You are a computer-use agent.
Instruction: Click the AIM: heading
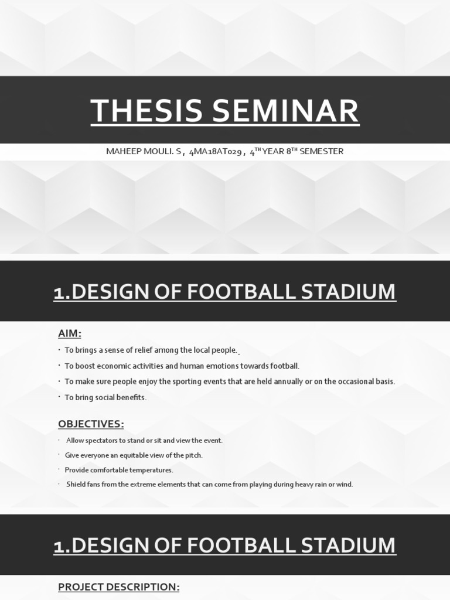(x=69, y=333)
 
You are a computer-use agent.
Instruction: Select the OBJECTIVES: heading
(x=91, y=424)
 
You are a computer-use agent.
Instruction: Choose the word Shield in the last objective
(x=76, y=485)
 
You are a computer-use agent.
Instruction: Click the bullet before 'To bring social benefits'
(x=60, y=397)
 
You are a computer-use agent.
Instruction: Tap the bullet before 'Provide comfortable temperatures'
(x=60, y=470)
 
